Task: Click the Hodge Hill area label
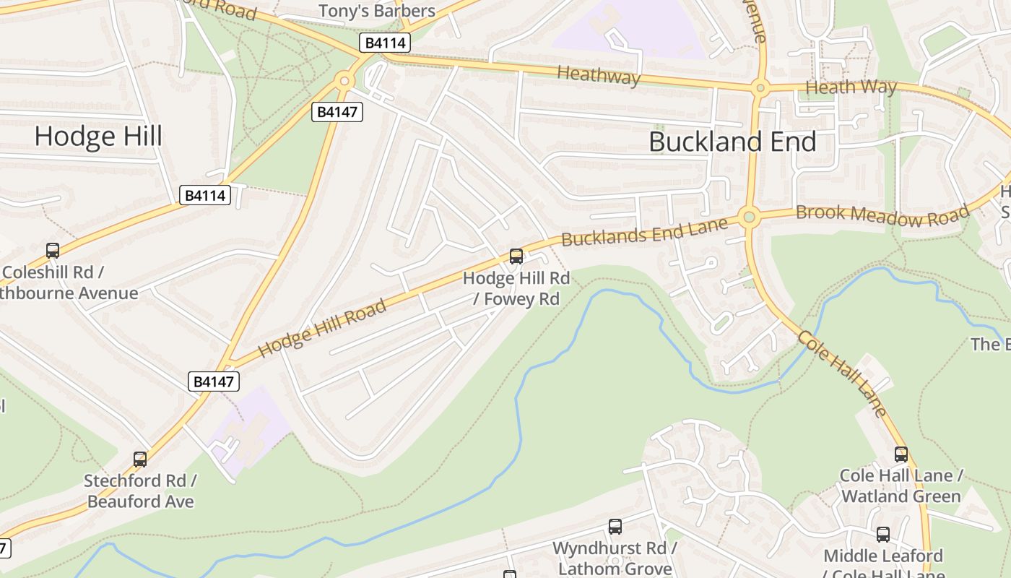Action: coord(98,136)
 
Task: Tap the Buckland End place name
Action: coord(732,141)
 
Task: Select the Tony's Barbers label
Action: coord(377,11)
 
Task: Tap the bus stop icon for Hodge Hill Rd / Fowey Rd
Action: coord(516,256)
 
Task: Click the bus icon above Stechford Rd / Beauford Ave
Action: coord(140,459)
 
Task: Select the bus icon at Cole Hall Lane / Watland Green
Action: coord(901,454)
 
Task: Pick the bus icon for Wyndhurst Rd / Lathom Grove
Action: coord(615,527)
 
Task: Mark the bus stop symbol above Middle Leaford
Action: coord(883,535)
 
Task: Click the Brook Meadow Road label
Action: coord(882,214)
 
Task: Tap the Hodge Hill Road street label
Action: coord(322,328)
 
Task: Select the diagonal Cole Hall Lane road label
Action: coord(842,374)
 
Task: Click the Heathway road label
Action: coord(599,74)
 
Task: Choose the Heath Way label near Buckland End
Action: coord(851,87)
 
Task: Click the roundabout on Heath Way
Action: coord(759,89)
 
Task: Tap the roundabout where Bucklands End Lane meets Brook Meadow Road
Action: coord(749,216)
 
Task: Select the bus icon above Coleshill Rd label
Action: coord(53,251)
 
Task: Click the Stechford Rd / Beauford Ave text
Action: coord(140,491)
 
